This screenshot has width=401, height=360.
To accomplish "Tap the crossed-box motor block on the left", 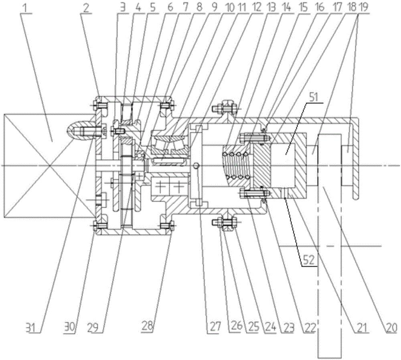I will pos(48,165).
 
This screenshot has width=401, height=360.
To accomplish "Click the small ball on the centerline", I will pos(196,166).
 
